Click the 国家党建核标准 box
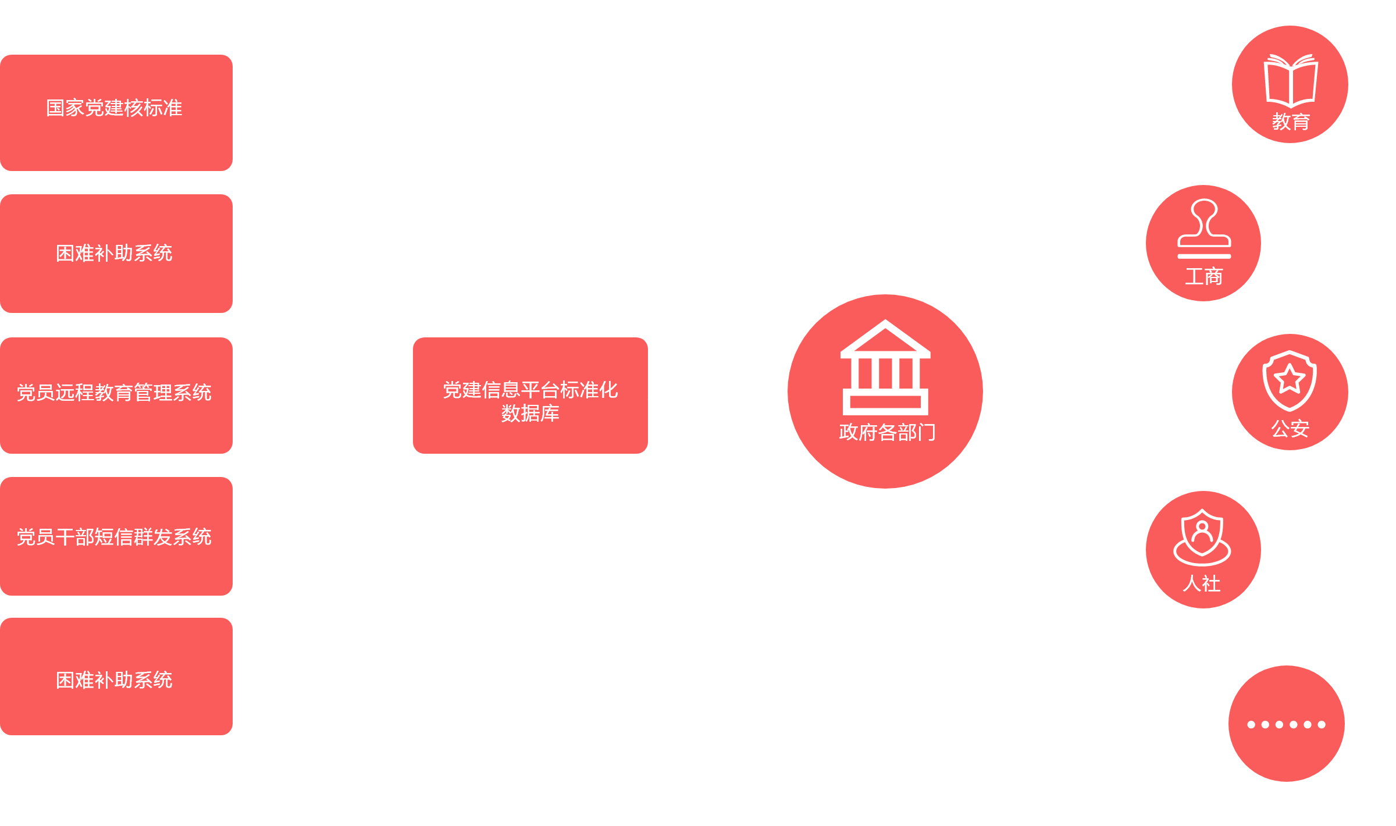coord(116,112)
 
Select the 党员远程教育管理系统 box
coord(116,395)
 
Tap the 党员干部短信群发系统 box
coord(116,536)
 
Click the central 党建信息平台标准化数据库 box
coord(530,396)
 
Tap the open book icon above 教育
coord(1291,80)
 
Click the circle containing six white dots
coord(1287,724)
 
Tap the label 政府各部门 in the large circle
coord(887,432)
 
